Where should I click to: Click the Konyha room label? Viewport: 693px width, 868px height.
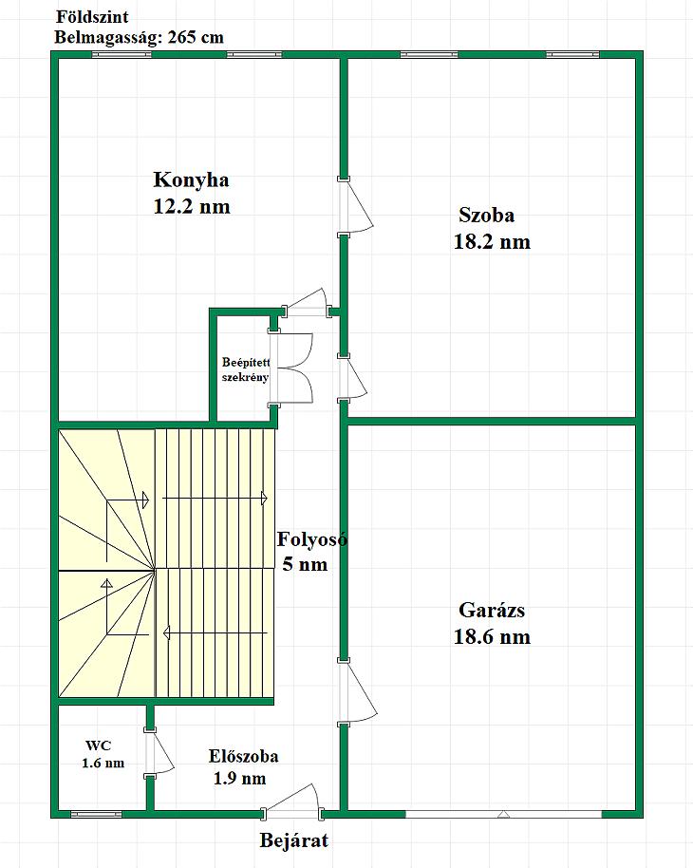[191, 179]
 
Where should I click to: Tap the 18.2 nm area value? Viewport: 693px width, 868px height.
[492, 242]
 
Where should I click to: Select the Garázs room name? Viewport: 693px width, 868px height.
[492, 610]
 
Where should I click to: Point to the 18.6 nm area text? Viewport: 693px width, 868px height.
[492, 636]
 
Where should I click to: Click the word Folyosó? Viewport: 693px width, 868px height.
[312, 539]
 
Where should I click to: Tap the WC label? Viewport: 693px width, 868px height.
[98, 745]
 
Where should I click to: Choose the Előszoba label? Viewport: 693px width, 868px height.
[244, 756]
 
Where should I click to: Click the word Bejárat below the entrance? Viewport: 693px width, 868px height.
[294, 840]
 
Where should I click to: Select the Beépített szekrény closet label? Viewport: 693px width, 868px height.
[245, 369]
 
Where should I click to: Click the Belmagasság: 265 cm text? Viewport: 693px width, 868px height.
[139, 37]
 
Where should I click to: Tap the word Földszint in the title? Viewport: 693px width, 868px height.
[92, 16]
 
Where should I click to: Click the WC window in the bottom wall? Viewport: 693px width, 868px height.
[96, 814]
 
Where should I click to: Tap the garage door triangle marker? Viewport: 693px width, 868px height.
[503, 814]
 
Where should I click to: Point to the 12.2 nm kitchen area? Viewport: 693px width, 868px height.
[192, 207]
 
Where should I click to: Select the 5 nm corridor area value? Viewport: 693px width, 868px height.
[305, 565]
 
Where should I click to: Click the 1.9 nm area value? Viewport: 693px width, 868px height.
[239, 779]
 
